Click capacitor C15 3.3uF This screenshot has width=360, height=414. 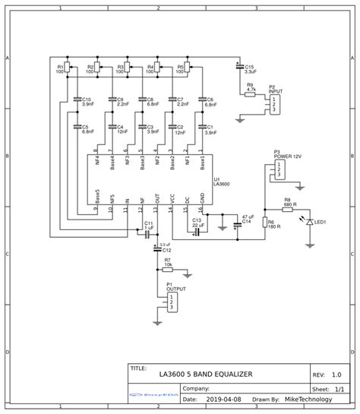[x=240, y=68]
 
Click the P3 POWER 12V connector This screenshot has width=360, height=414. [x=280, y=169]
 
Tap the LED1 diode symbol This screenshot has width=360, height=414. [x=308, y=223]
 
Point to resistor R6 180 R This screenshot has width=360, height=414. [x=265, y=223]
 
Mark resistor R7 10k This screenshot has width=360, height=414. [x=167, y=269]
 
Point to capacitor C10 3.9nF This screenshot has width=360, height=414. [x=77, y=100]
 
